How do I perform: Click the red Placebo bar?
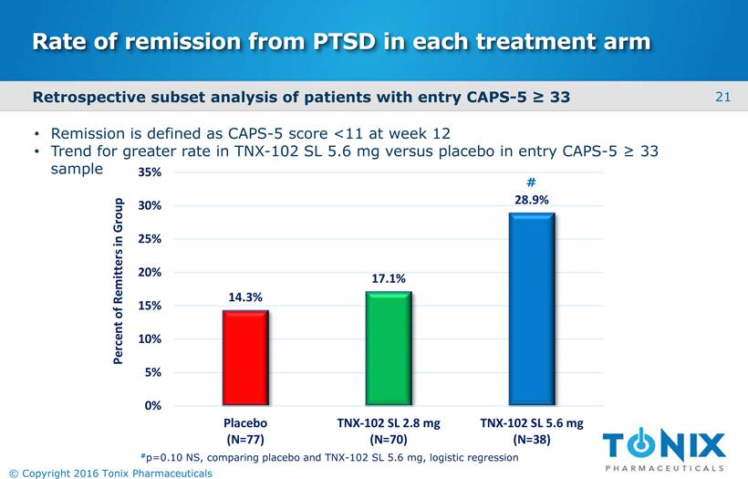[x=245, y=358]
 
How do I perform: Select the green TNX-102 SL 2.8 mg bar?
[x=389, y=349]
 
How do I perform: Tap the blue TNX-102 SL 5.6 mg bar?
[x=532, y=309]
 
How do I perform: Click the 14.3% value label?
[x=245, y=297]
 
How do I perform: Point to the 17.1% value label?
[x=389, y=278]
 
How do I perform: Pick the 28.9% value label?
[x=532, y=200]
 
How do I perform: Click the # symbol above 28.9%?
[x=531, y=182]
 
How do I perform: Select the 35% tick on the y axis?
[x=150, y=172]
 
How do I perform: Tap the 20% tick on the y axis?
[x=150, y=273]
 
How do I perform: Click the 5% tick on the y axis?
[x=153, y=372]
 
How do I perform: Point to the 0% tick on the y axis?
[x=153, y=405]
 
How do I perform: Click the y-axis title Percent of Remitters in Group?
[x=118, y=281]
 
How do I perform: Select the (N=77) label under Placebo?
[x=245, y=439]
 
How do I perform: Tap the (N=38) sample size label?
[x=532, y=439]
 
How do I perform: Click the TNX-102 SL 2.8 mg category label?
[x=389, y=423]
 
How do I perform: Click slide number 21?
[x=722, y=98]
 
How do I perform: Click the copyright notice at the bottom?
[x=110, y=474]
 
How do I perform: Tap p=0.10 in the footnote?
[x=165, y=457]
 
